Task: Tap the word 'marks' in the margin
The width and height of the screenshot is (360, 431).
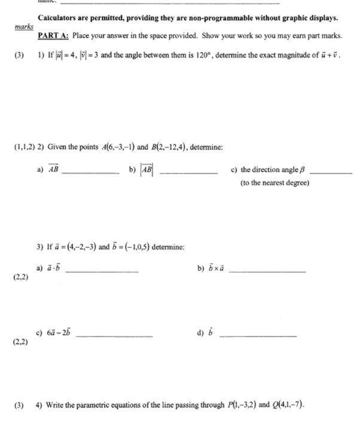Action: [x=24, y=28]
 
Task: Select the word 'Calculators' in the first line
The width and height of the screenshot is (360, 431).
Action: [x=58, y=18]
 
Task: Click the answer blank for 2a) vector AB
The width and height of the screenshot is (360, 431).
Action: [x=90, y=172]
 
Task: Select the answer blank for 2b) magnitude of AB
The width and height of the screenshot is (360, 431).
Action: [x=188, y=172]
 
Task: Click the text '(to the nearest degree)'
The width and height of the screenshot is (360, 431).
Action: [x=274, y=183]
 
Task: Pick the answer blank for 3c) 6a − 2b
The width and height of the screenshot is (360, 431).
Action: [x=114, y=336]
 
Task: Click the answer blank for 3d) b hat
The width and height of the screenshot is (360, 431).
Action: [x=258, y=336]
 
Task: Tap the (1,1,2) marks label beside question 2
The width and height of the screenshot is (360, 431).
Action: [x=24, y=147]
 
